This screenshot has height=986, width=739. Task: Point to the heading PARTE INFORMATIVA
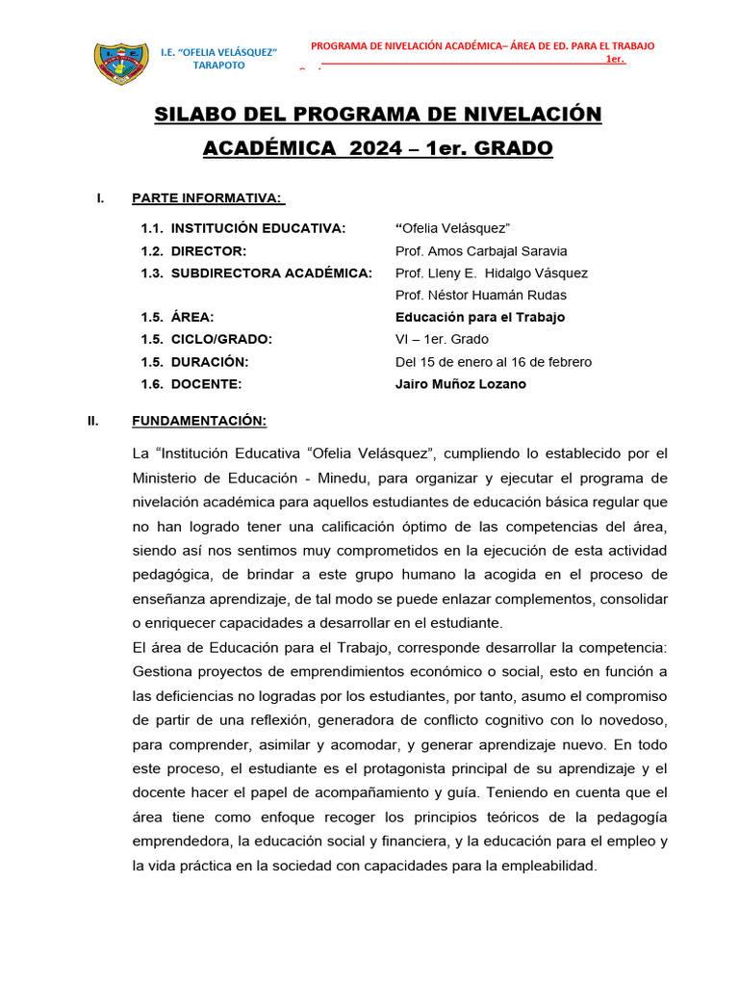click(207, 198)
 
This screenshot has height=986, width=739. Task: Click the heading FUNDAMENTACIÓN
click(199, 421)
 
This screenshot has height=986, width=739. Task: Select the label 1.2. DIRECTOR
click(193, 250)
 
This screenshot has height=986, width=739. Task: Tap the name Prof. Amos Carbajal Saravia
click(481, 250)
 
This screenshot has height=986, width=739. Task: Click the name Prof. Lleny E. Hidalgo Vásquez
click(491, 272)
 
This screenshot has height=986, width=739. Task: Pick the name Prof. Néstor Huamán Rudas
click(481, 295)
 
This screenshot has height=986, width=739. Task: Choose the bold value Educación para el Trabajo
click(480, 317)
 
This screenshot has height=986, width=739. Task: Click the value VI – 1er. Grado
click(442, 339)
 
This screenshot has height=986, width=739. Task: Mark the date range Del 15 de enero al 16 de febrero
click(494, 362)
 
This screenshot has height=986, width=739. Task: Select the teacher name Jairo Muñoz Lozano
click(461, 384)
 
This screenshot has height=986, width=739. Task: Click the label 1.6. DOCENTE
click(191, 384)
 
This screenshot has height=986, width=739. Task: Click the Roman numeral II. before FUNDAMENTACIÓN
click(94, 421)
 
